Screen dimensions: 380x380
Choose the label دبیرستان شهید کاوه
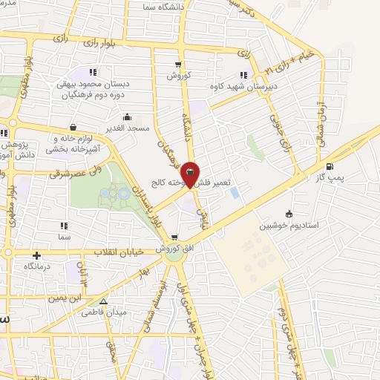click(x=241, y=85)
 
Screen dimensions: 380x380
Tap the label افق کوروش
click(x=174, y=249)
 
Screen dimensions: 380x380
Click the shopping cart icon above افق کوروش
click(x=174, y=239)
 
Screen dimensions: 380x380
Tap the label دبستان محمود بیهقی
click(x=94, y=84)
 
